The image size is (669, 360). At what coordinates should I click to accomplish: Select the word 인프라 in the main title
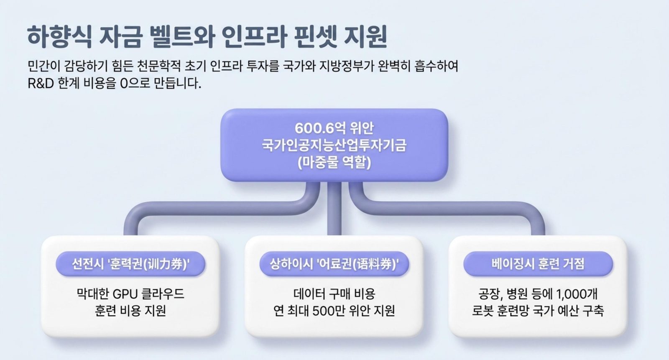[x=254, y=36]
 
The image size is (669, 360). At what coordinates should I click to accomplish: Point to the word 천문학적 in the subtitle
[x=158, y=66]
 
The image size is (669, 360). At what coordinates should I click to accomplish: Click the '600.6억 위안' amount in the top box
[x=334, y=128]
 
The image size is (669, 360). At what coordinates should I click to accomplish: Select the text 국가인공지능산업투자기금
[x=334, y=145]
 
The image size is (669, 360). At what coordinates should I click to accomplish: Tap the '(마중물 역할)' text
[x=334, y=163]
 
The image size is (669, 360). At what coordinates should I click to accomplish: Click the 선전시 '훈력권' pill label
[x=130, y=264]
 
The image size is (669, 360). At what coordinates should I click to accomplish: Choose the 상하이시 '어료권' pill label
[x=334, y=264]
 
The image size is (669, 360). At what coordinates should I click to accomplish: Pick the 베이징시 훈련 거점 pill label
[x=538, y=264]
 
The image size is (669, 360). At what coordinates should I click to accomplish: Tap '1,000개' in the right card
[x=577, y=294]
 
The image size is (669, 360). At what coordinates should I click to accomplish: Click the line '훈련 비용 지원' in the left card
[x=130, y=311]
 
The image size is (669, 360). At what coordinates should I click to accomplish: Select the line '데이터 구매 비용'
[x=334, y=294]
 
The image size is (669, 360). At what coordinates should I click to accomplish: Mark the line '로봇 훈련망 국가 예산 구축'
[x=538, y=311]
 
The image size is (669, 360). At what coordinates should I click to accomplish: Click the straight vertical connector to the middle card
[x=334, y=209]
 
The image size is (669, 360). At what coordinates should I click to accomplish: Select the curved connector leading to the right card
[x=448, y=208]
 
